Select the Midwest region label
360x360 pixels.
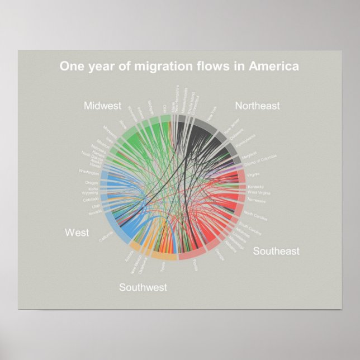click(103, 106)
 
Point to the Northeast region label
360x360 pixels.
click(257, 105)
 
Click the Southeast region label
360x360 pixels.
click(276, 251)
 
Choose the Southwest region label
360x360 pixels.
click(143, 287)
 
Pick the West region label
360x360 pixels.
click(77, 233)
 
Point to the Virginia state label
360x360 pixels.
click(253, 174)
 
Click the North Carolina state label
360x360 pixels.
click(256, 215)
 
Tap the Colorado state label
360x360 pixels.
click(91, 200)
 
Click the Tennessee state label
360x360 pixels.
click(257, 200)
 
